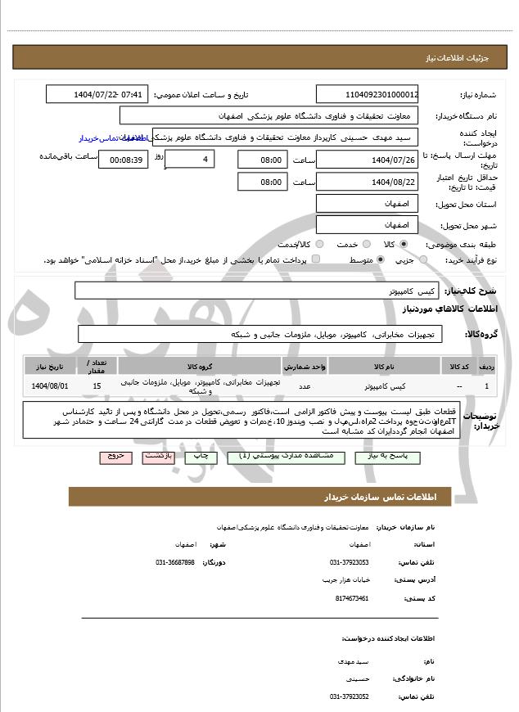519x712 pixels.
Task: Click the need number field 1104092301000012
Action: [x=368, y=95]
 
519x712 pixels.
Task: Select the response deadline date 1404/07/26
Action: [x=368, y=160]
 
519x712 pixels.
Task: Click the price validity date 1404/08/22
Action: [x=368, y=182]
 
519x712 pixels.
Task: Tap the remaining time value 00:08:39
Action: [x=123, y=160]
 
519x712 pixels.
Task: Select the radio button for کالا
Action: [x=404, y=244]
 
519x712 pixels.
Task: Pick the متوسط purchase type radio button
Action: [x=381, y=259]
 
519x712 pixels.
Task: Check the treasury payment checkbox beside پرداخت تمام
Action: [x=317, y=259]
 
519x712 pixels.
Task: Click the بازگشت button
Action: [x=160, y=457]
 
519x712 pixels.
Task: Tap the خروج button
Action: [x=115, y=457]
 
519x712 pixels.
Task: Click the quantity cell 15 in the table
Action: [x=97, y=385]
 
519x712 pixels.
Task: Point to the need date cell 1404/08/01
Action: [x=50, y=385]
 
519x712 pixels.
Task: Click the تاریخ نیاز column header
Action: [x=50, y=365]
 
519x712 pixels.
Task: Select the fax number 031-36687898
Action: [x=175, y=562]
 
